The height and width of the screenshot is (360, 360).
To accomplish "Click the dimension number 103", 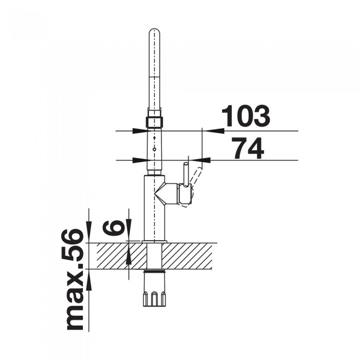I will pos(246,117).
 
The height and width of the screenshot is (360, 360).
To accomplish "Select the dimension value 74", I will pos(248,149).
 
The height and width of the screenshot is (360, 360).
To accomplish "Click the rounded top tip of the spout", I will pos(155,32).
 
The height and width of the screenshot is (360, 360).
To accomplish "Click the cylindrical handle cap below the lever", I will pos(185,194).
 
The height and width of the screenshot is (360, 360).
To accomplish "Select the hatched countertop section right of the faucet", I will pos(188,256).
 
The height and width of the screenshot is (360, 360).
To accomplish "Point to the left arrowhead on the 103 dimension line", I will pos(140,131).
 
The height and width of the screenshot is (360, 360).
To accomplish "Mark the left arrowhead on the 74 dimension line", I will pos(140,160).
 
